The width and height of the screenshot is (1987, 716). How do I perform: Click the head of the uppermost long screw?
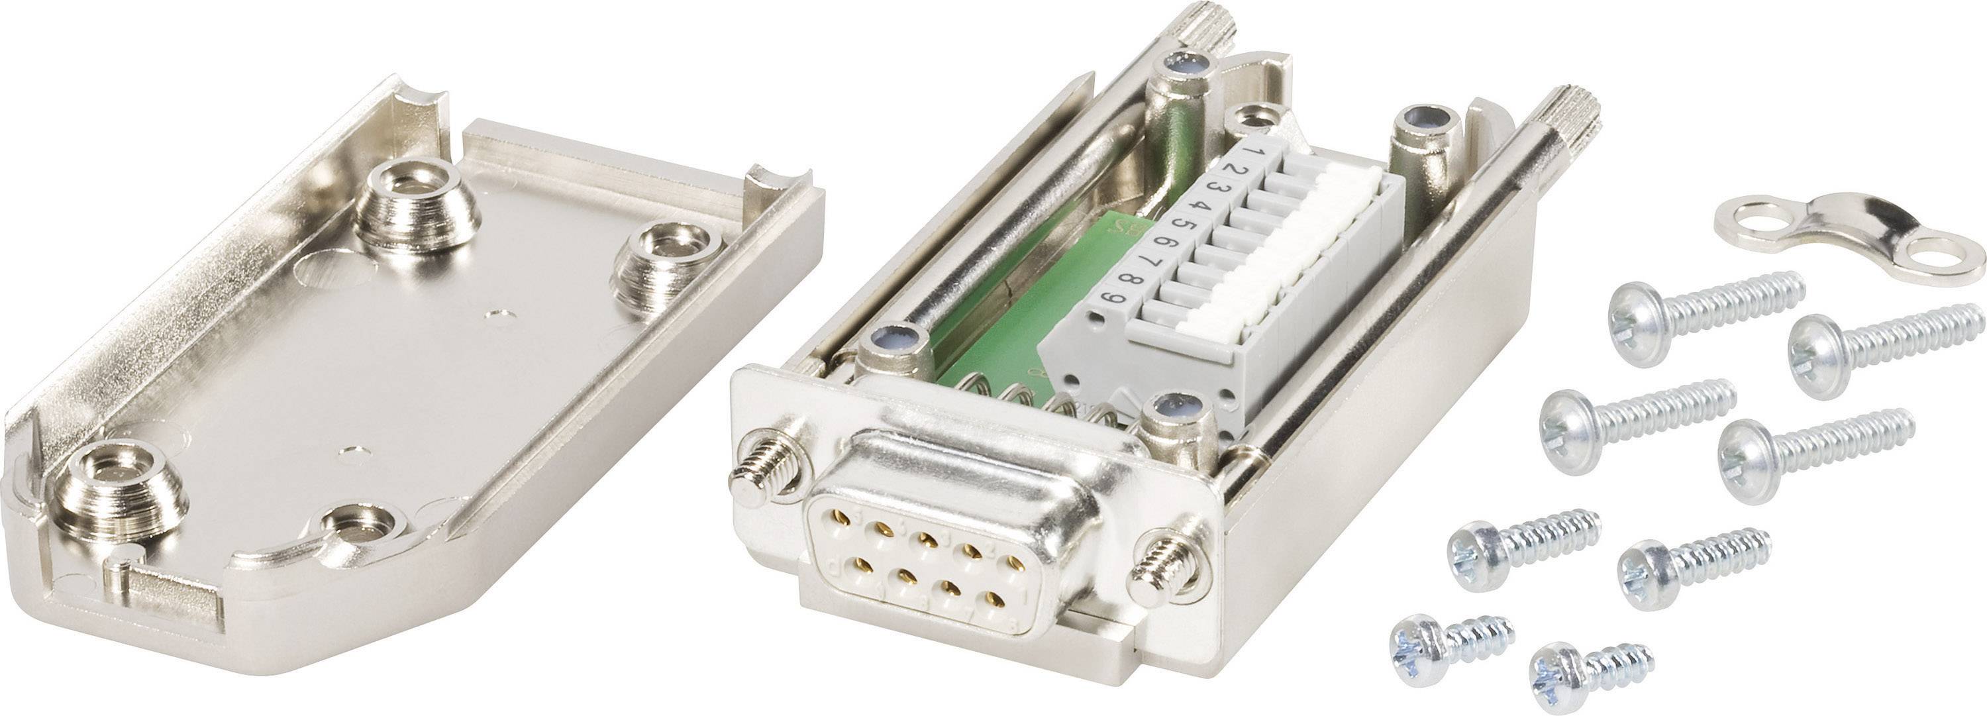click(1637, 313)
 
